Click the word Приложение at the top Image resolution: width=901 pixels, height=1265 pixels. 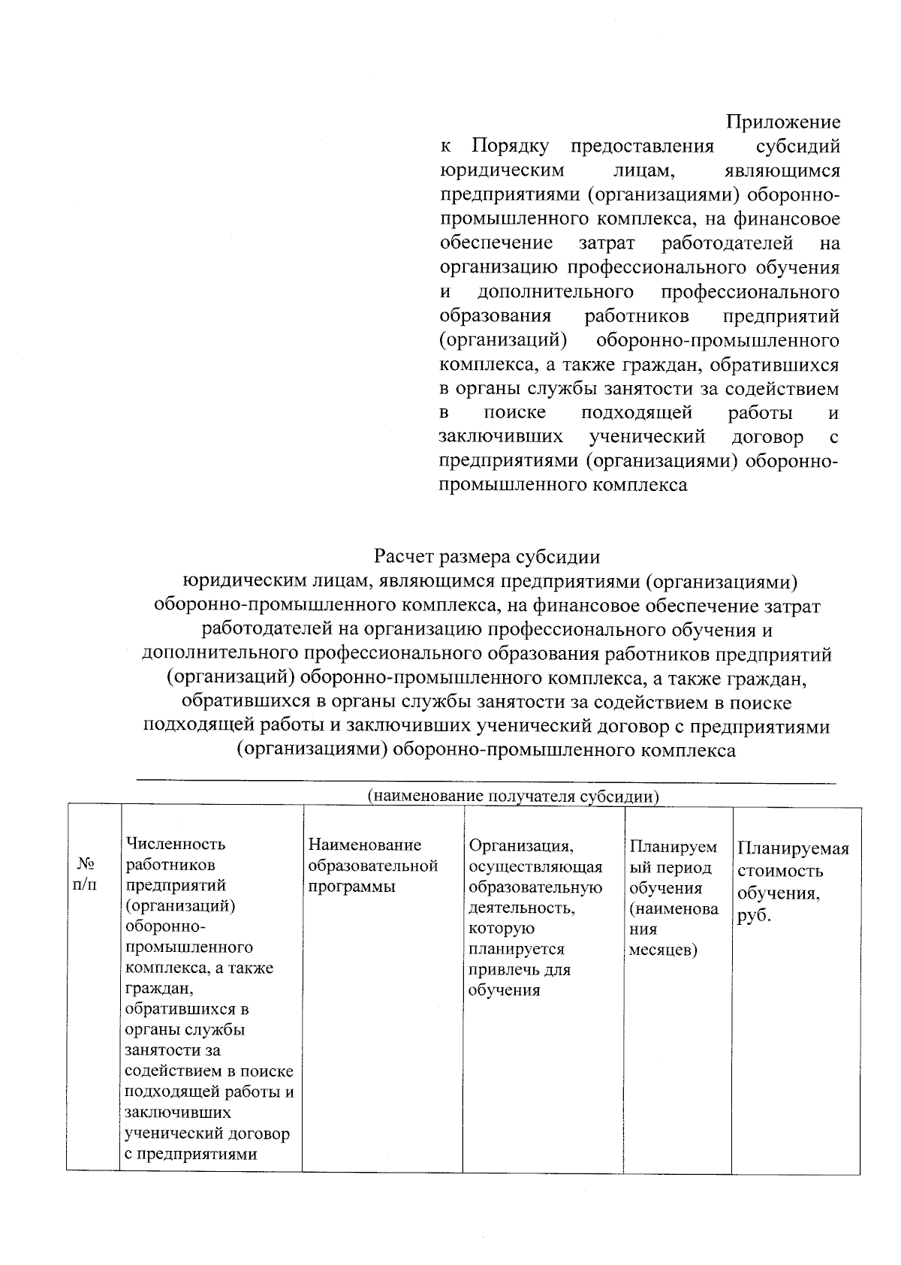[783, 122]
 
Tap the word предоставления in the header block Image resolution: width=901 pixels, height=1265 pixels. [642, 146]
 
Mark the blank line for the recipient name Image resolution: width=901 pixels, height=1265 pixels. [485, 782]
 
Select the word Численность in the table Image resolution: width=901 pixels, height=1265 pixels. [176, 845]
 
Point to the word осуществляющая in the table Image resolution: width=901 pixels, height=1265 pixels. [535, 867]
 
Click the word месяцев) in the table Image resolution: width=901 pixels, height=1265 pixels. [663, 950]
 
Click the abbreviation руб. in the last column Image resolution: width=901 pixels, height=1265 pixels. [755, 917]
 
